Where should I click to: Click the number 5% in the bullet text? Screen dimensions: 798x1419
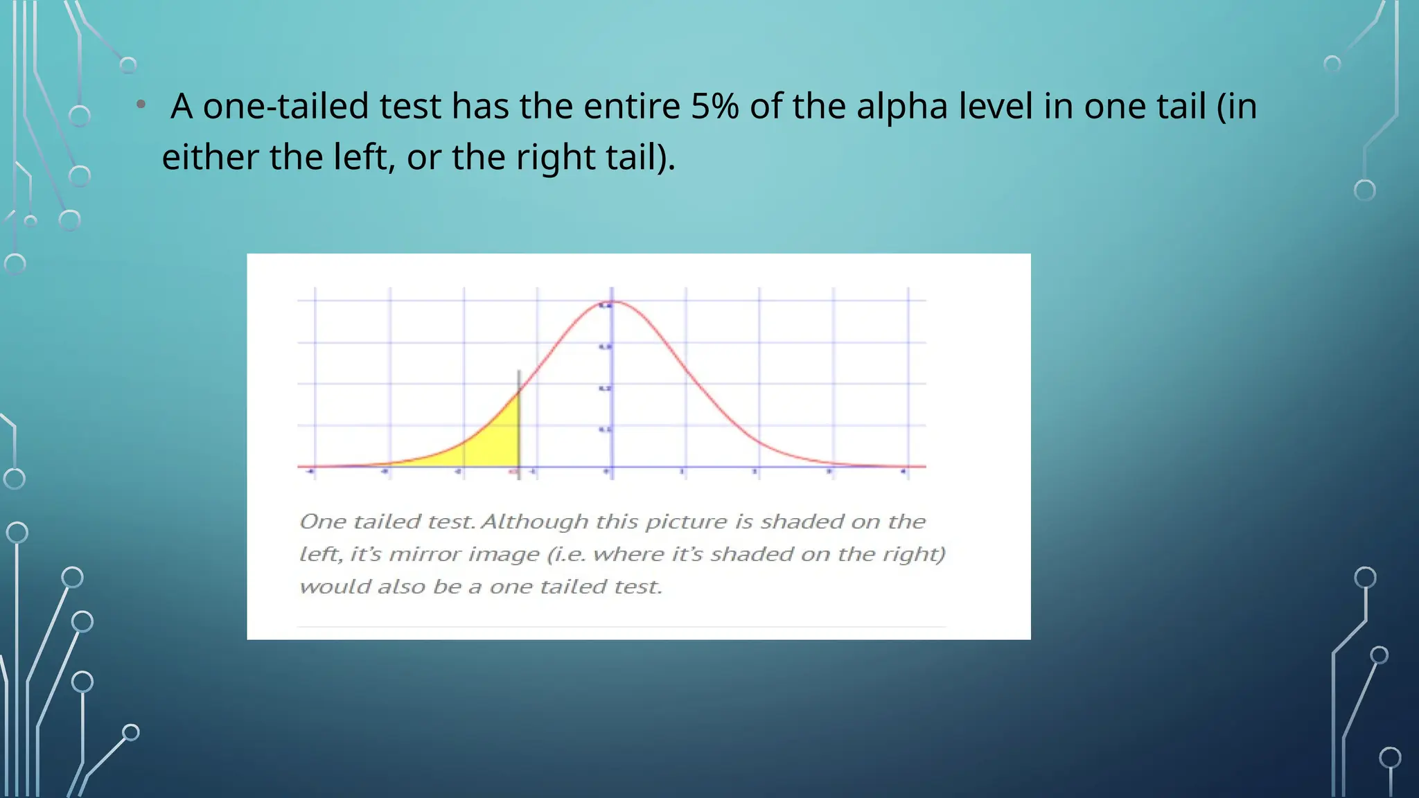pos(714,107)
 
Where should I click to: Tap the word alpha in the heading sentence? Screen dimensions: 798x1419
pos(901,108)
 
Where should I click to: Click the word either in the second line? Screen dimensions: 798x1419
pos(210,157)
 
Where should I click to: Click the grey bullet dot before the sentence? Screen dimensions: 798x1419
pos(141,105)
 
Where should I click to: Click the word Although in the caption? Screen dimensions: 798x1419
pos(534,522)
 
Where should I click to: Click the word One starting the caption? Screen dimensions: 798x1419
pos(323,522)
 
